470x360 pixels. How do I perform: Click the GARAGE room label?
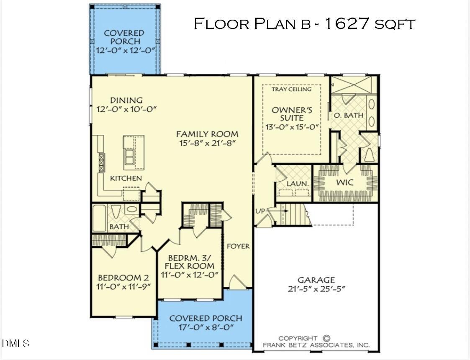[316, 280]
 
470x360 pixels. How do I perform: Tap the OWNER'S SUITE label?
[292, 114]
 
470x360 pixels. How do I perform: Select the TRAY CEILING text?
[292, 89]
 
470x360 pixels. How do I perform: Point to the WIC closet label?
[345, 183]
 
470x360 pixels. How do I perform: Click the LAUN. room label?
[298, 184]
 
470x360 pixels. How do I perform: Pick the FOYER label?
[238, 246]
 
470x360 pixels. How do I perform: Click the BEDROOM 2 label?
[123, 278]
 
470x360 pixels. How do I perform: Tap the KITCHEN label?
[126, 178]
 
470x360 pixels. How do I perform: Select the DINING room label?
[126, 100]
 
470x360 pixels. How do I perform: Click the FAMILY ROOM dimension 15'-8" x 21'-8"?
[207, 143]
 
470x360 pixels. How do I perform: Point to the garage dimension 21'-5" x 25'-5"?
[316, 289]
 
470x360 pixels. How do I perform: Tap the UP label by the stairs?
[259, 211]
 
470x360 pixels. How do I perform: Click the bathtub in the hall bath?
[99, 218]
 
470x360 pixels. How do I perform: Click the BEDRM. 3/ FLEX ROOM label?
[189, 262]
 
